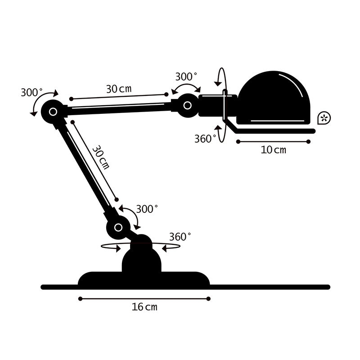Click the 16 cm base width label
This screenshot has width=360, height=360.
coord(144,307)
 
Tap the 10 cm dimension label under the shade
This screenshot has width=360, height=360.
coord(273,150)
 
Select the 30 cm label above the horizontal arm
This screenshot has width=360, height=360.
coord(119,89)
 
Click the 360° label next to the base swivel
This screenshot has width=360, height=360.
coord(180,237)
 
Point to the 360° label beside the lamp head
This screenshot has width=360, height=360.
coord(205,139)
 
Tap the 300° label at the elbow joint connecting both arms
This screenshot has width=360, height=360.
coord(31,93)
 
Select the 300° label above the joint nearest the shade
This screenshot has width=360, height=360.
coord(186,76)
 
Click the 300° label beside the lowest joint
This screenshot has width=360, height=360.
coord(147,209)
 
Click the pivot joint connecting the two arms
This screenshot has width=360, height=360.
coord(53,111)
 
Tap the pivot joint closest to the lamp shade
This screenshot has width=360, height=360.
coord(187,106)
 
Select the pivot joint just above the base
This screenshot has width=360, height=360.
coord(118,227)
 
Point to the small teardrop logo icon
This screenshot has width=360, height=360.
coord(324,118)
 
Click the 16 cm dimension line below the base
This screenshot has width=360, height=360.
coord(144,298)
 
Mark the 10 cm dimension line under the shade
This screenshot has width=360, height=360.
coord(273,142)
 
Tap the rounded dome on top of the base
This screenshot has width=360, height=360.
coord(142,259)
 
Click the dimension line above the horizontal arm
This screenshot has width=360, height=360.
coord(119,96)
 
